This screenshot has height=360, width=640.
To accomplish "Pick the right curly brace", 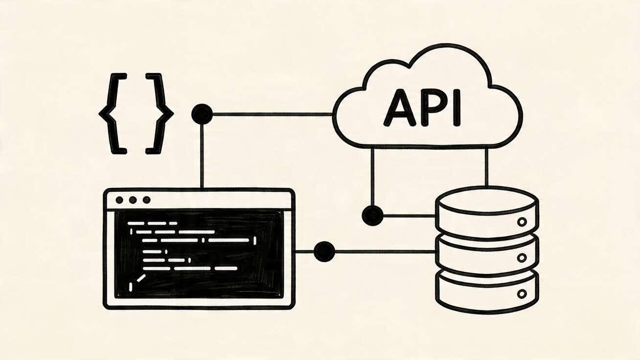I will (159, 113).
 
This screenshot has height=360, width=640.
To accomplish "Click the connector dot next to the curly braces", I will (202, 114).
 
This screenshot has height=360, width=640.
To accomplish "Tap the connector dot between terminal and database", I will (324, 251).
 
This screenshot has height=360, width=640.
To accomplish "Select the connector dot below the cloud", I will (372, 215).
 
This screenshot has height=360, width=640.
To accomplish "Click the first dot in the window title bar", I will (119, 200).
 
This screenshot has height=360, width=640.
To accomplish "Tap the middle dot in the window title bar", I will (133, 200).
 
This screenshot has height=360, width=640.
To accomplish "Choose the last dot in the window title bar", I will (146, 200).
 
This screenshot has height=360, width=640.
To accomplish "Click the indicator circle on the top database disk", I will (522, 222).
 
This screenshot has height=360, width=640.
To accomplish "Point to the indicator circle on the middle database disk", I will (522, 258).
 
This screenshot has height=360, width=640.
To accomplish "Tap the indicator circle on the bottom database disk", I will (522, 294).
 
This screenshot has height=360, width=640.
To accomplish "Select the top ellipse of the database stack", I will (486, 200).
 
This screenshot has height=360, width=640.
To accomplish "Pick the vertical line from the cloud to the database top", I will (486, 166).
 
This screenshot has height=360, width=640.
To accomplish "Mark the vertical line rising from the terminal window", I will (202, 157).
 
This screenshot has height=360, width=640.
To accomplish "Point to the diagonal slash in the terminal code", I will (140, 278).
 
